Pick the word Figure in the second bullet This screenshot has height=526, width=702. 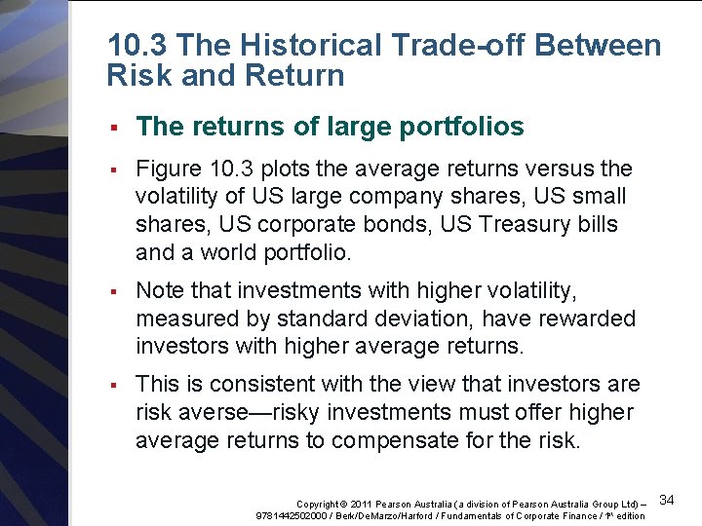click(168, 169)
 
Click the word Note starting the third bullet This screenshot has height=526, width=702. click(160, 291)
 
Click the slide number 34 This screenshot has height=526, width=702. click(668, 500)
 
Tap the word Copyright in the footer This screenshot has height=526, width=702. click(323, 504)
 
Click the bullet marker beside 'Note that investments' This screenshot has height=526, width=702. click(114, 291)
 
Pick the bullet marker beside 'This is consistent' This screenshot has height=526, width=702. click(114, 385)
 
